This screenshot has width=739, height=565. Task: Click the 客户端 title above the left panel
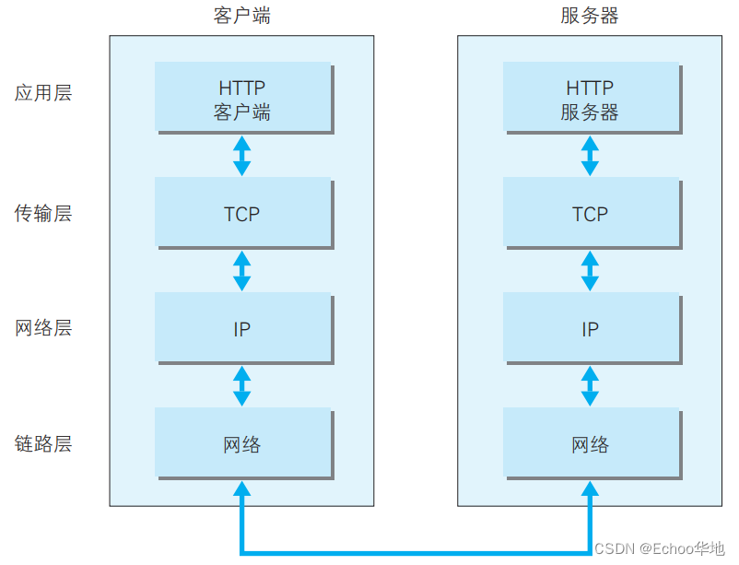click(x=241, y=16)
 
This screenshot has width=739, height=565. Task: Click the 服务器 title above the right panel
click(x=590, y=16)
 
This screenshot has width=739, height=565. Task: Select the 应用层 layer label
click(x=43, y=92)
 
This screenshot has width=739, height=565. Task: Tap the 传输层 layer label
click(x=43, y=214)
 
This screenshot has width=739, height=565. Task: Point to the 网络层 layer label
click(x=43, y=328)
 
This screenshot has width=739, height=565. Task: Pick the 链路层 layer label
click(x=43, y=444)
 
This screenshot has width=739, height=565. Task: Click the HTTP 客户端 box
click(x=242, y=99)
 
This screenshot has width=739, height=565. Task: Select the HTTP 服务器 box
click(x=590, y=99)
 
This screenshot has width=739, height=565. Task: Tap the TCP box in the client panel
click(x=242, y=214)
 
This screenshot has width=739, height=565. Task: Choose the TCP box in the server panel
click(x=590, y=214)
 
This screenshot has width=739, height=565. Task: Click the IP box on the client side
click(x=242, y=328)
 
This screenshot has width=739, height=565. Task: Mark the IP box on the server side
click(x=590, y=328)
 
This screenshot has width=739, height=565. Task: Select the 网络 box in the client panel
click(x=242, y=444)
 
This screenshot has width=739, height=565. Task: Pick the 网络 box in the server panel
click(x=590, y=444)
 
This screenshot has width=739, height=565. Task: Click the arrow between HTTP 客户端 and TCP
click(x=242, y=156)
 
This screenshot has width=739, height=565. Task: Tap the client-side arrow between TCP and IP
click(x=242, y=271)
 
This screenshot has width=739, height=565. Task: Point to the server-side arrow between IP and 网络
click(x=590, y=386)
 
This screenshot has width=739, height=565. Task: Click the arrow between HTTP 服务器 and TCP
click(x=590, y=156)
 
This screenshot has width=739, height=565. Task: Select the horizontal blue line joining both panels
click(x=415, y=552)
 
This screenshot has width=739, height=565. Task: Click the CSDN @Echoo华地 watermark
click(x=659, y=548)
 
